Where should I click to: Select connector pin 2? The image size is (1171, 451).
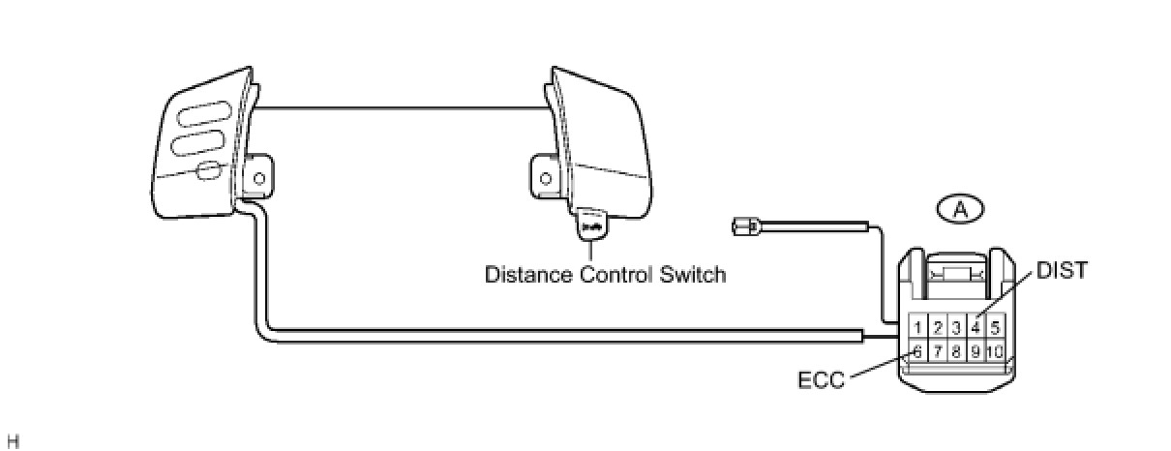pos(937,327)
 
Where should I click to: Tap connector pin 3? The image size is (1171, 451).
pos(956,327)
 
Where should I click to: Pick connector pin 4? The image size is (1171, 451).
pos(976,327)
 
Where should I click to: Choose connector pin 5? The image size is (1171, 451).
pos(995,327)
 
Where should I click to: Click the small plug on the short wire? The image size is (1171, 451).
pos(742,228)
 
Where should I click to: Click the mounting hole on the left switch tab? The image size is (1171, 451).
pos(258,177)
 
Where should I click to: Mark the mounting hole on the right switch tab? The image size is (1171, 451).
pos(546,178)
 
